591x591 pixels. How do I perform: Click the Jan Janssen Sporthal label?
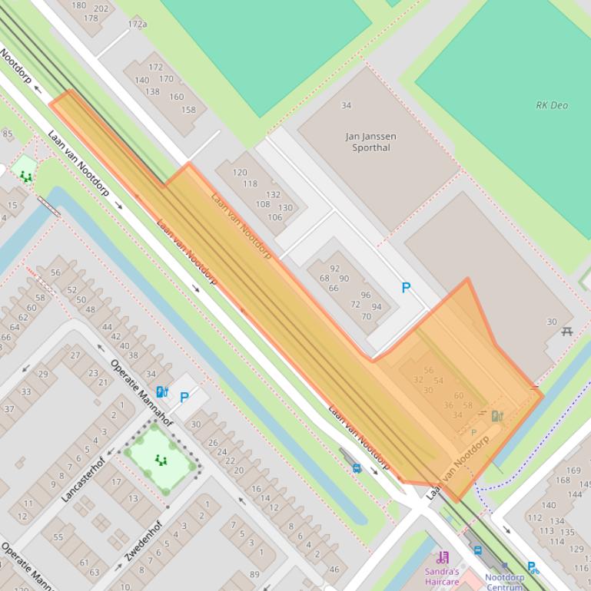pos(371,142)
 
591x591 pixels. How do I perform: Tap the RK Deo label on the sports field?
pos(552,105)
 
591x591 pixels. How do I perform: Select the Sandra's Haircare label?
pos(442,576)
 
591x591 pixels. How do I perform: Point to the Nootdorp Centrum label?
pos(504,582)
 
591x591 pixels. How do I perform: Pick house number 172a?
pos(138,25)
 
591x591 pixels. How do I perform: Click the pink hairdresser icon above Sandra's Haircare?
pos(443,557)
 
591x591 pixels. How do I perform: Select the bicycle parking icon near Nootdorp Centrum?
pos(533,568)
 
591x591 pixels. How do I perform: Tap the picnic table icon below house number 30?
pos(567,332)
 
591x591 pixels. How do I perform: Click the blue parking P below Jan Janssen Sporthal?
pos(406,288)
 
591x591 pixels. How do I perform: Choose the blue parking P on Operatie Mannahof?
pos(184,398)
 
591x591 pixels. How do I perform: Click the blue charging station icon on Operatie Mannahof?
pos(161,392)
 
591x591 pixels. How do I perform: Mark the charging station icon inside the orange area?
pos(497,416)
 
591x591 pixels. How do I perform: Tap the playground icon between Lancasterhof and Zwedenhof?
pos(161,460)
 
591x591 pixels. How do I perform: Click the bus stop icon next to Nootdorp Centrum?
pos(477,550)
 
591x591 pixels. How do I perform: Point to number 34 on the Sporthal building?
pos(346,105)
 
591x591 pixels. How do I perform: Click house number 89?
pos(254,574)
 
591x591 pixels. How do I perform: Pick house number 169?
pos(573,470)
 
